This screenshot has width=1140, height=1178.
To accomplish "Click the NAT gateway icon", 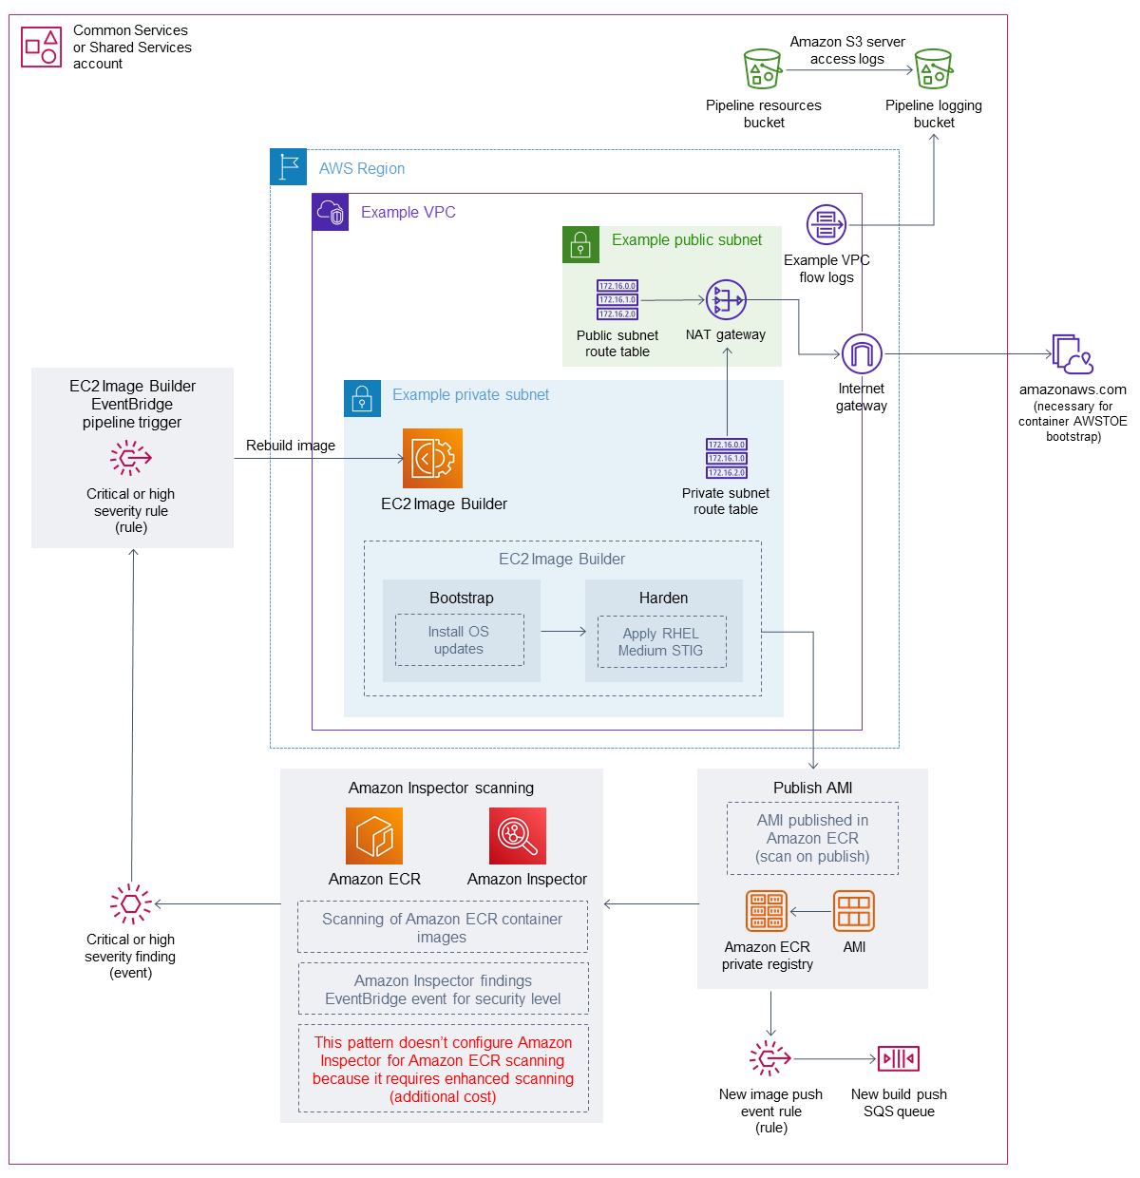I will [726, 300].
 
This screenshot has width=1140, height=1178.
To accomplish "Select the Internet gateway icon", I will [862, 354].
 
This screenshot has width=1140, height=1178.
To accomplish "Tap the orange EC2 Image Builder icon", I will [432, 458].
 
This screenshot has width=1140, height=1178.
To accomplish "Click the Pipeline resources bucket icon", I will [763, 69].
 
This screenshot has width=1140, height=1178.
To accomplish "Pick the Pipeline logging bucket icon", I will [933, 69].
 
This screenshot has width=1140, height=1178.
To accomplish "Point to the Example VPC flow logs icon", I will [826, 225].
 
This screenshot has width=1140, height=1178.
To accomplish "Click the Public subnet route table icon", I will [617, 300].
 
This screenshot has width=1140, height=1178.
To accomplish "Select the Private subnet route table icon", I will [727, 458].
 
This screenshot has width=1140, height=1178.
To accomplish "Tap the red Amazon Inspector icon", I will [518, 836].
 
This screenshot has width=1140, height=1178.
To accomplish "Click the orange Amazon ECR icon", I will [374, 836].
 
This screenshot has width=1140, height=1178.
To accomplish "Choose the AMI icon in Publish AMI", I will [853, 911].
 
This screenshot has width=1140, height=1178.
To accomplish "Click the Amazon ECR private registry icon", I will [767, 911].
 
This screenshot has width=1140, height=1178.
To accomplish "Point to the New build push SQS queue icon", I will [899, 1058].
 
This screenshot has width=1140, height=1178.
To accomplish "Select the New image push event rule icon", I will [770, 1058].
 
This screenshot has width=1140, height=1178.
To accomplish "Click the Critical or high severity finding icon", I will [131, 903].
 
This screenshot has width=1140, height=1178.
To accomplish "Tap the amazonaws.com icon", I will [1073, 354].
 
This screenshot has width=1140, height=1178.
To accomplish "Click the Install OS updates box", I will [459, 640].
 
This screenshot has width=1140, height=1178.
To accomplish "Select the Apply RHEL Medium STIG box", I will [661, 642].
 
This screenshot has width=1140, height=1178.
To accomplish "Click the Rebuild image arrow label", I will [291, 446].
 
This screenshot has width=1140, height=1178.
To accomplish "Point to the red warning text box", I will [443, 1069].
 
